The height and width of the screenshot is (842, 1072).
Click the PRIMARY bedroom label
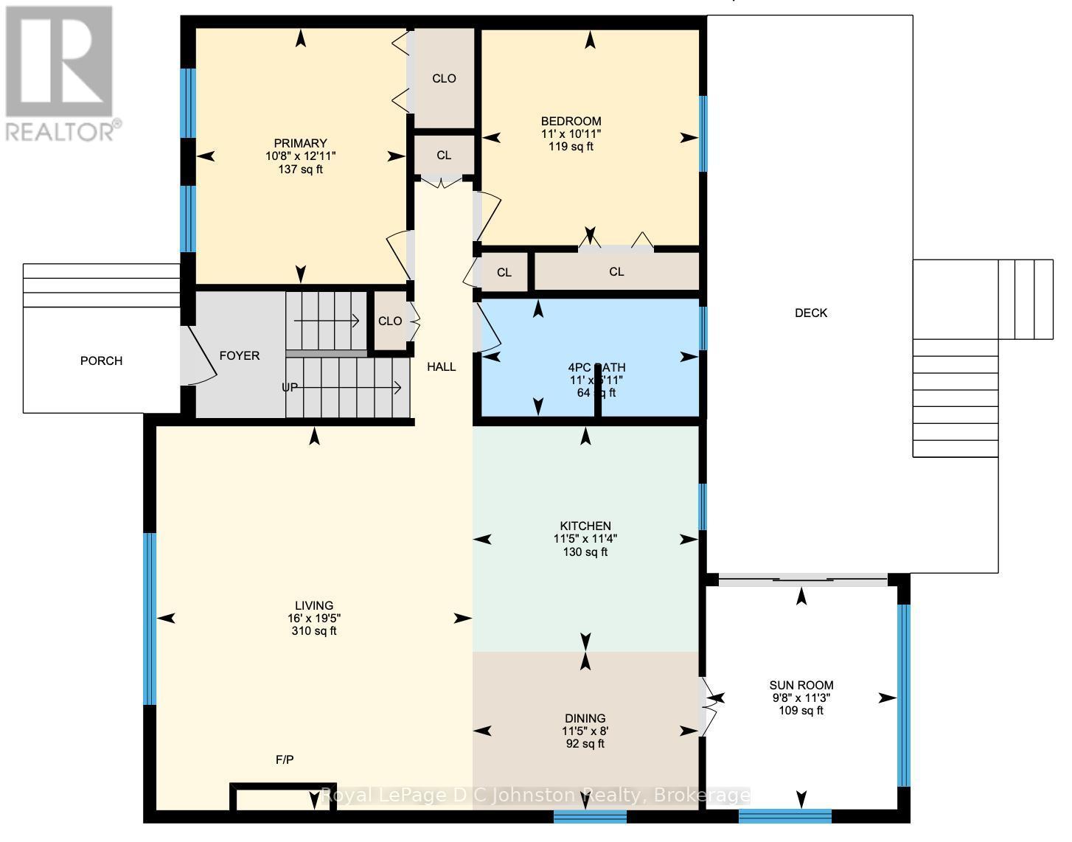(300, 143)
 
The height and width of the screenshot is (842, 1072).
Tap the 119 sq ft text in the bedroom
(571, 147)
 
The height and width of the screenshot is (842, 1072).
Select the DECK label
(810, 313)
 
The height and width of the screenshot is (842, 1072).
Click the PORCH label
(101, 361)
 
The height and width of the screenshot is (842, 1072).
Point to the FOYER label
(240, 356)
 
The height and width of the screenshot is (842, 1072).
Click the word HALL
(442, 366)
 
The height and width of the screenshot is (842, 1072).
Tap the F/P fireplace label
(285, 759)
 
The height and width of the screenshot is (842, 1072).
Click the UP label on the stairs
(290, 387)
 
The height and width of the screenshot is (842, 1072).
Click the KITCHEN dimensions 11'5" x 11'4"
(585, 539)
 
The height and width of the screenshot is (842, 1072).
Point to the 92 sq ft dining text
(585, 744)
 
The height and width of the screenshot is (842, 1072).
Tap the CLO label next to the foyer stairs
(390, 321)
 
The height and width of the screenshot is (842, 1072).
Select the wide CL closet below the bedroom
(616, 272)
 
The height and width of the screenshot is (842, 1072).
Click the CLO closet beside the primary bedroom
(444, 78)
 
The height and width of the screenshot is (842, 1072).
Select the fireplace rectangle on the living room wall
(284, 797)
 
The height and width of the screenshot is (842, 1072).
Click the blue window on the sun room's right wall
(903, 695)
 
